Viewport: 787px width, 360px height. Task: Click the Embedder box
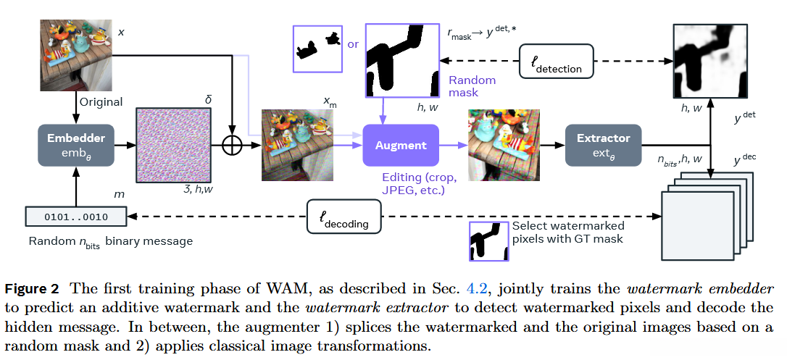point(76,146)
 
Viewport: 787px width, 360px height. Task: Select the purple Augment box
point(401,146)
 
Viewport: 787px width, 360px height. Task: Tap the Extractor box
point(603,146)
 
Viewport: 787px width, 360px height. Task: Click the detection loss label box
point(557,62)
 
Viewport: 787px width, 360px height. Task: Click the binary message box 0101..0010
point(76,216)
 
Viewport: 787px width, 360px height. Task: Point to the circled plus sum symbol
point(232,146)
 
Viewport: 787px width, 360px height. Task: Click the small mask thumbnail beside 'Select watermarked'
point(488,241)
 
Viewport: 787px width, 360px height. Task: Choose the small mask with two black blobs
point(317,49)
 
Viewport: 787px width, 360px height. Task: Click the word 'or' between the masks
point(353,44)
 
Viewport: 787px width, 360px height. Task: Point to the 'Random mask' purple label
point(472,86)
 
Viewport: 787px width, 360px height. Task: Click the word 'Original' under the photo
point(101,102)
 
